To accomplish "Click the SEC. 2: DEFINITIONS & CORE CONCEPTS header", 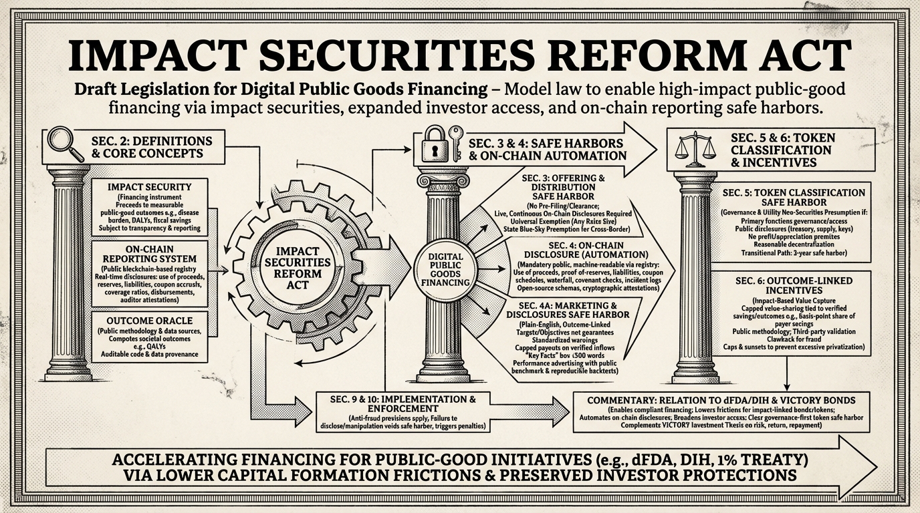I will [x=152, y=148].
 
